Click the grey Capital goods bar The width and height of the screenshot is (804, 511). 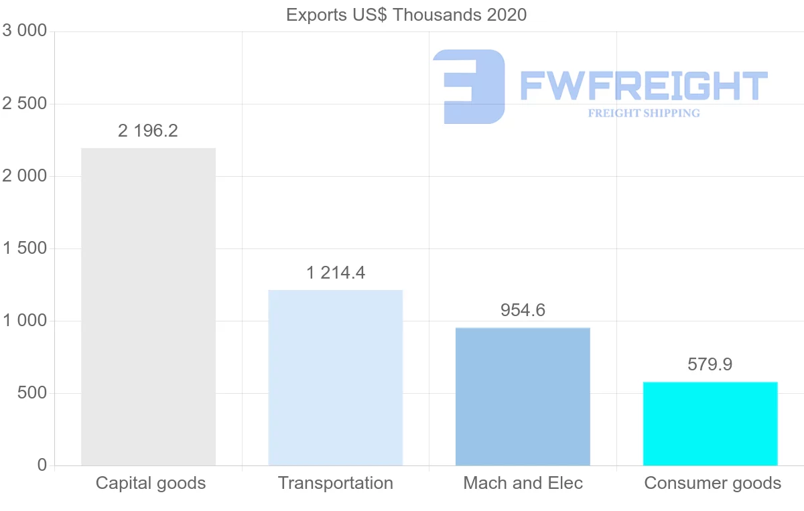pyautogui.click(x=148, y=307)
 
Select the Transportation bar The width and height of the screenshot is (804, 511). pyautogui.click(x=335, y=378)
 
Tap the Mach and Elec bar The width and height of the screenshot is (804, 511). pyautogui.click(x=523, y=396)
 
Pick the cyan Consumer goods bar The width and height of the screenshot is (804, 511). pyautogui.click(x=710, y=423)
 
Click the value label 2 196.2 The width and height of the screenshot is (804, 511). pyautogui.click(x=148, y=131)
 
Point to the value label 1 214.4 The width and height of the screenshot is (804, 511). pyautogui.click(x=336, y=273)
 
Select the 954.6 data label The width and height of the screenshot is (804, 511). pyautogui.click(x=523, y=310)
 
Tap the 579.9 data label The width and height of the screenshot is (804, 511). pyautogui.click(x=710, y=364)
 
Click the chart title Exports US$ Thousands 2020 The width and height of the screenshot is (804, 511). pyautogui.click(x=407, y=15)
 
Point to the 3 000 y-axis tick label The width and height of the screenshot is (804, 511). pyautogui.click(x=25, y=31)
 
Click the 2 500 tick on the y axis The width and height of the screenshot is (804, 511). pyautogui.click(x=25, y=104)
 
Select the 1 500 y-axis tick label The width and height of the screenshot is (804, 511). pyautogui.click(x=25, y=248)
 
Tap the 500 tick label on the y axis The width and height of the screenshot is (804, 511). pyautogui.click(x=31, y=393)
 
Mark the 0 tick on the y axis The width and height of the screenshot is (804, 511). pyautogui.click(x=42, y=465)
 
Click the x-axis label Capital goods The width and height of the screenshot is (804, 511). pyautogui.click(x=151, y=483)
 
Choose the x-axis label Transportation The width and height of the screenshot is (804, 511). pyautogui.click(x=336, y=483)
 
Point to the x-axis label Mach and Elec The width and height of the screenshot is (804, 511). pyautogui.click(x=523, y=483)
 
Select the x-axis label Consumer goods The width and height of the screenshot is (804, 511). pyautogui.click(x=713, y=483)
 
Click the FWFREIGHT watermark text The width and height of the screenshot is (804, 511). pyautogui.click(x=643, y=86)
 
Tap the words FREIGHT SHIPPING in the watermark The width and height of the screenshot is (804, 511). pyautogui.click(x=644, y=113)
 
